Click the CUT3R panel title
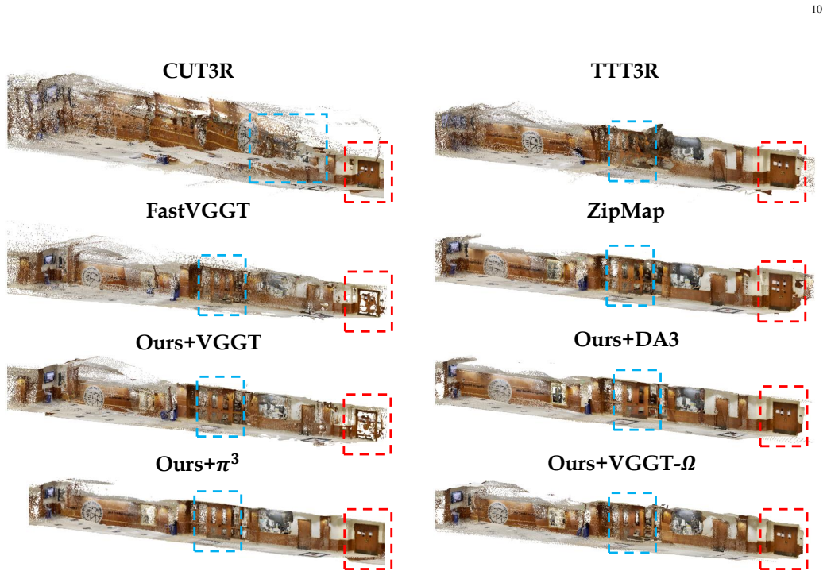(198, 71)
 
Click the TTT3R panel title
(624, 71)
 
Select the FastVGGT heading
(198, 210)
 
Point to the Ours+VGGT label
(199, 342)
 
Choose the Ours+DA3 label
(626, 339)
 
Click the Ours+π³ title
(197, 463)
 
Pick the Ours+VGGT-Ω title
(621, 463)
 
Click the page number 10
(817, 9)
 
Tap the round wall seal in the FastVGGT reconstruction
(93, 276)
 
